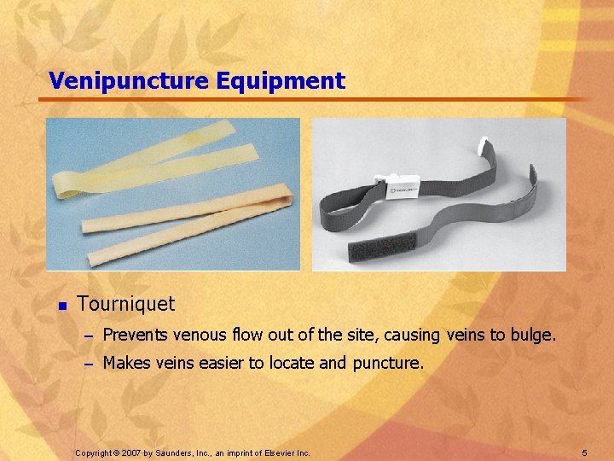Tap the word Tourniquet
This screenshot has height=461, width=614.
[x=125, y=304]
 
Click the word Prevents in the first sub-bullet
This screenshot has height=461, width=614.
[x=135, y=336]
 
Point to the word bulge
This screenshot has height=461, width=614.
[x=533, y=336]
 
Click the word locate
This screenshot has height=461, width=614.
[x=291, y=363]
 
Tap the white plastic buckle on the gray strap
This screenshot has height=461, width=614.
[x=402, y=189]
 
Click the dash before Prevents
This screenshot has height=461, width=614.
[x=85, y=337]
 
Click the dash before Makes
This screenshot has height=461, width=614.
[x=85, y=364]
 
